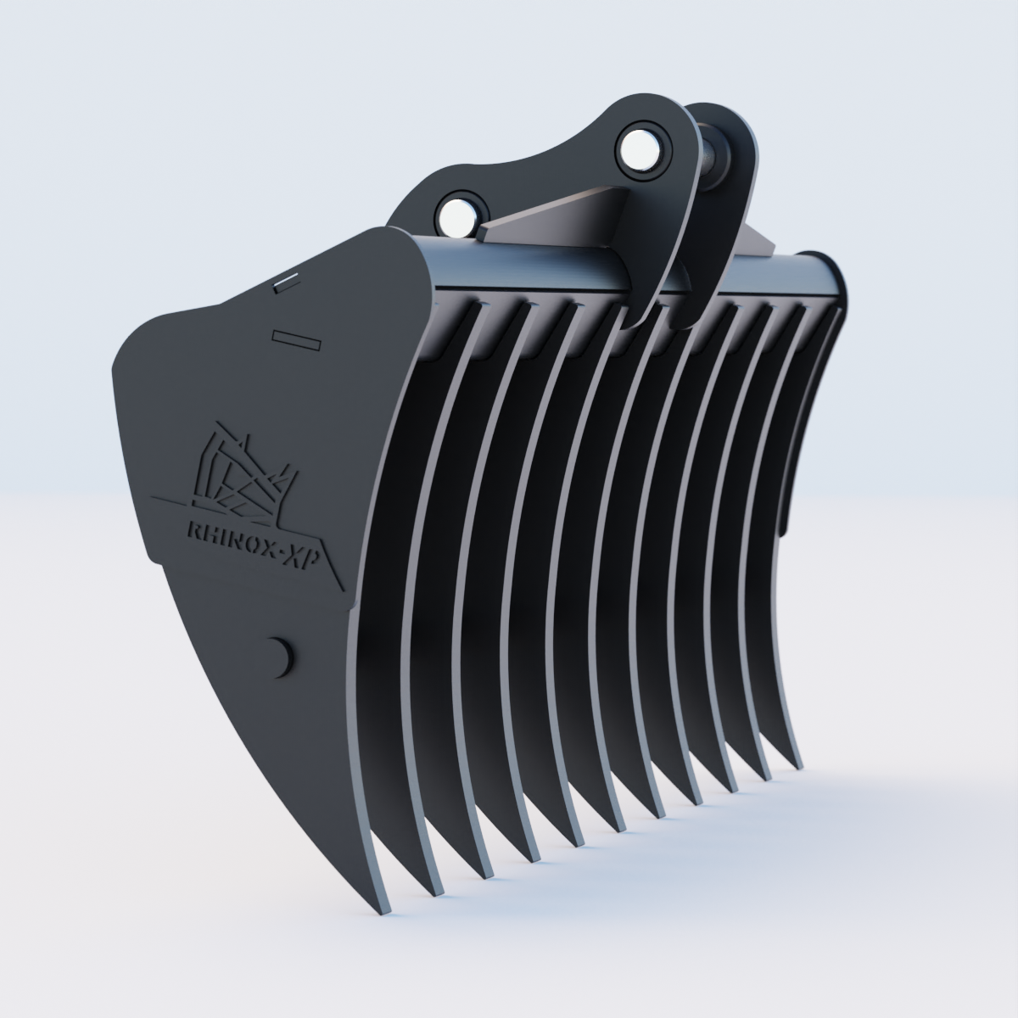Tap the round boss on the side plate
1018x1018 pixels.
tap(277, 655)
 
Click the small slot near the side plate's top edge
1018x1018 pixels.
tap(286, 282)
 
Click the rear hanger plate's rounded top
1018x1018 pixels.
tap(721, 115)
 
